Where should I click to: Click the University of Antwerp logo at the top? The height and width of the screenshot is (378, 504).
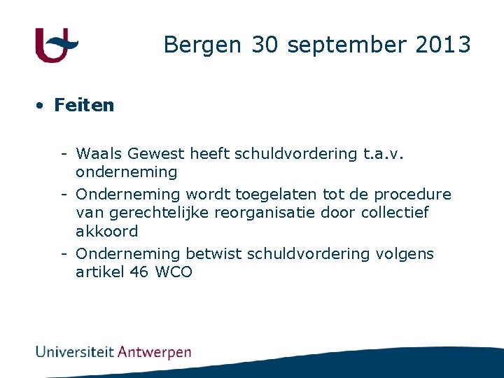coord(56,45)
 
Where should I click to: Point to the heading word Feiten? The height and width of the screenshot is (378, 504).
coord(84,106)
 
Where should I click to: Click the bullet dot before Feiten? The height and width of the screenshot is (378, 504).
coord(41,106)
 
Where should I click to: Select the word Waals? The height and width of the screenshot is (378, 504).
coord(97,154)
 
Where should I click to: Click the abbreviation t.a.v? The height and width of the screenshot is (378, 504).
coord(384,154)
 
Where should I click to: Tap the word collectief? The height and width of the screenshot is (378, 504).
coord(395,213)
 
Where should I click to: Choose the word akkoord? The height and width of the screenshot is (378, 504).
coord(106,232)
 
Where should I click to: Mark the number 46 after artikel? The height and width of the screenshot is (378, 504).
coord(139,272)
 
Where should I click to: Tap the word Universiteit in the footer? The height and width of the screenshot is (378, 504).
coord(75,351)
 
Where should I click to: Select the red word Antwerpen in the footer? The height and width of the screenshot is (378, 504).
coord(154,352)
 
